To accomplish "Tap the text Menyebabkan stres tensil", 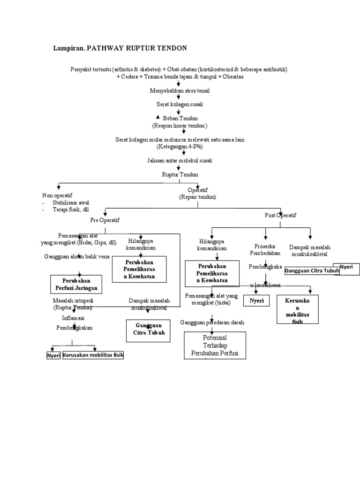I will click(179, 90).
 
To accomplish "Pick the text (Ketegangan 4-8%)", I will click(180, 147).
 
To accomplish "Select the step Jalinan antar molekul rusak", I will click(180, 160).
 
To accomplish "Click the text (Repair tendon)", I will click(197, 197).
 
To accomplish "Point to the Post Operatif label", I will click(281, 215).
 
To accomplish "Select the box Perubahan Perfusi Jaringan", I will click(77, 284).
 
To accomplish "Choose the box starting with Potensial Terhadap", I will click(215, 345).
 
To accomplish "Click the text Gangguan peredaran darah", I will click(212, 323).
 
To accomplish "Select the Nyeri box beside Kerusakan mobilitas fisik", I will click(53, 355).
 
